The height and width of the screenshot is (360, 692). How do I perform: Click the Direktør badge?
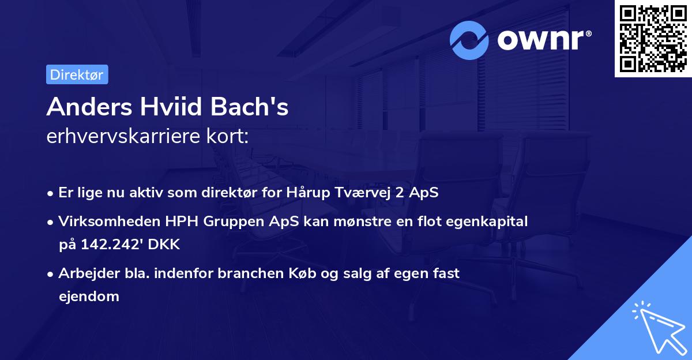(77, 74)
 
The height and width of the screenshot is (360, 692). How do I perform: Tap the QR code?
(653, 38)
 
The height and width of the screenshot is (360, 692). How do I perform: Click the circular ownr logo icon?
(469, 40)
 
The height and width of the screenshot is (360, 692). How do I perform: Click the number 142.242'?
(112, 245)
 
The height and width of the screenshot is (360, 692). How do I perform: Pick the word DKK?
(164, 245)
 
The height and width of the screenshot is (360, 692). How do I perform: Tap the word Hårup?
(309, 193)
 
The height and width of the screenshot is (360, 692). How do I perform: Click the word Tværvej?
(363, 193)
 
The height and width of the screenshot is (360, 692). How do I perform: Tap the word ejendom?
(89, 297)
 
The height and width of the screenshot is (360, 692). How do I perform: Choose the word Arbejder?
(85, 273)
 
